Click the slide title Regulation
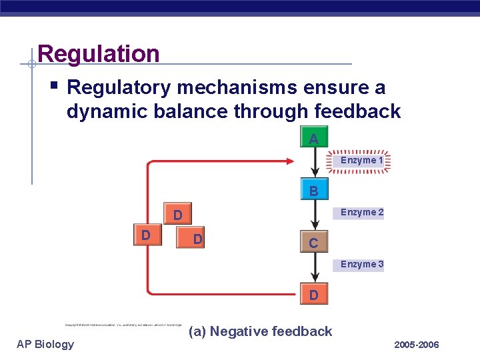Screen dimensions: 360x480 pos(99,54)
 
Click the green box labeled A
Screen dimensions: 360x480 pos(313,139)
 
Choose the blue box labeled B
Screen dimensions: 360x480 pos(313,191)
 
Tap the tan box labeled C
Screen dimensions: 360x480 pos(313,243)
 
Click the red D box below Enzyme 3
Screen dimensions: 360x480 pos(313,295)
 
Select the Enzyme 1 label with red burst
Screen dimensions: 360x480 pos(361,161)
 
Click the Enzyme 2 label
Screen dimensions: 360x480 pos(361,213)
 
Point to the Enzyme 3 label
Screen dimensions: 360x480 pos(361,265)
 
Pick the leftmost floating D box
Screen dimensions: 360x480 pos(145,235)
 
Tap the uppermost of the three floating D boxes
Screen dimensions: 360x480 pos(177,215)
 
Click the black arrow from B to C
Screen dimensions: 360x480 pos(313,217)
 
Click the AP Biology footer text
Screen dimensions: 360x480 pos(45,344)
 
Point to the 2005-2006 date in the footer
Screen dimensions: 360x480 pos(417,345)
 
